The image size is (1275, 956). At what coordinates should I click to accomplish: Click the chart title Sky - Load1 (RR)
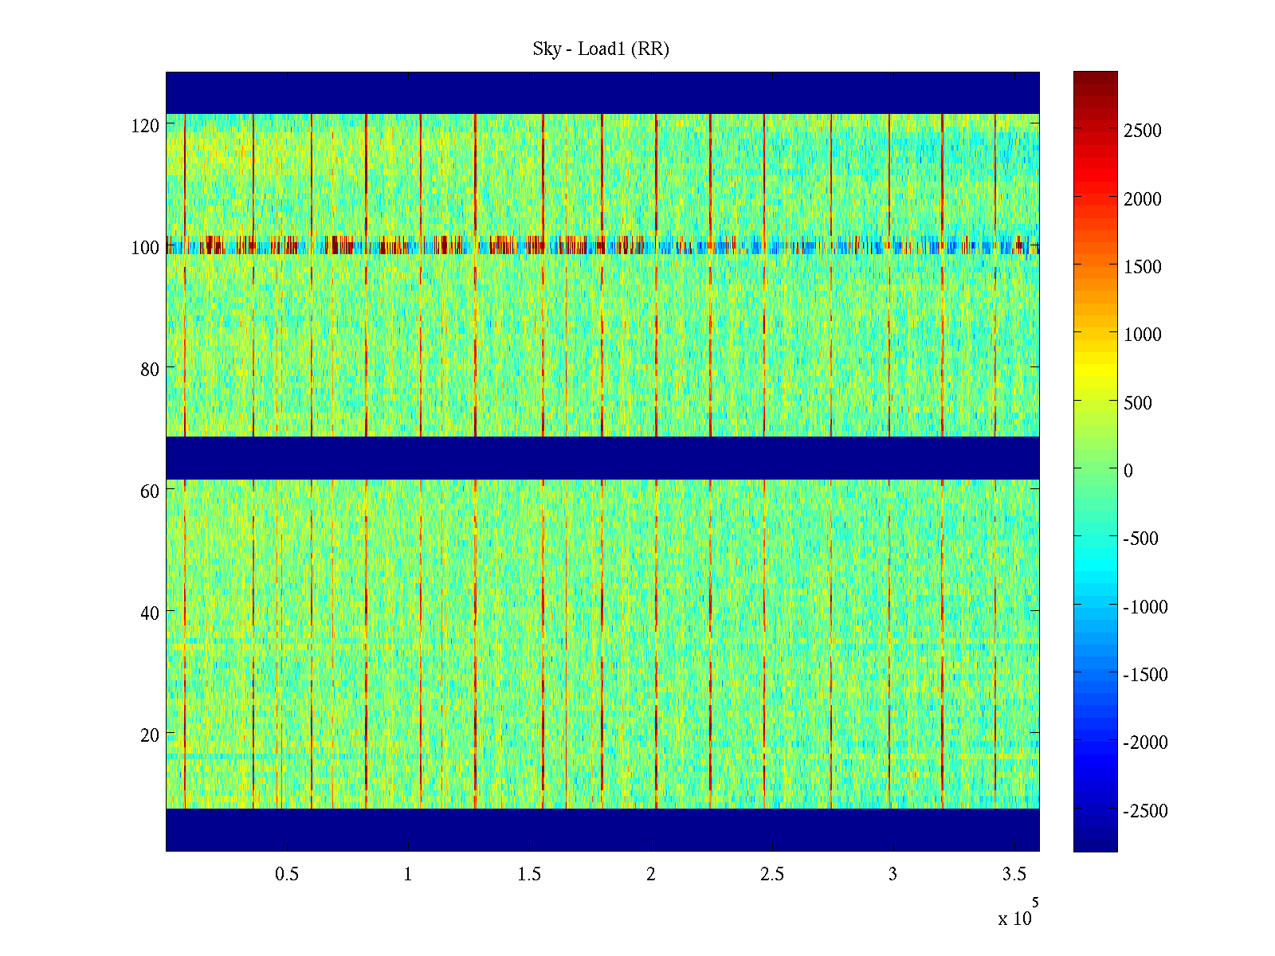[601, 49]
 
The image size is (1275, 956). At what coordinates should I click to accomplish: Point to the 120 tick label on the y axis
[145, 126]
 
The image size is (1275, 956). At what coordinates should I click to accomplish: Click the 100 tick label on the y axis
[145, 248]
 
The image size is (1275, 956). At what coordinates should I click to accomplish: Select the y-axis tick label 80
[150, 370]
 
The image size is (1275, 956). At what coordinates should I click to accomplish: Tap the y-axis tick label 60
[150, 492]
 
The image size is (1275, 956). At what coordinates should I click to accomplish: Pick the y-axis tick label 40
[150, 613]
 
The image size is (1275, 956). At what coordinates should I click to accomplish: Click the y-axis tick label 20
[150, 735]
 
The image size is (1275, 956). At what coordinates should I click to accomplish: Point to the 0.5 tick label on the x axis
[287, 875]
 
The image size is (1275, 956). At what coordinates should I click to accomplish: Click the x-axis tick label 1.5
[529, 875]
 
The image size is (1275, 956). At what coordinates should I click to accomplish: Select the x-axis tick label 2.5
[771, 875]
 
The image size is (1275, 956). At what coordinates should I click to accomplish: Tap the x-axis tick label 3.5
[1014, 875]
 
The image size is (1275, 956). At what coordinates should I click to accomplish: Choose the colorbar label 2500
[1143, 131]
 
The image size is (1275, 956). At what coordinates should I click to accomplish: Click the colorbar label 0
[1128, 471]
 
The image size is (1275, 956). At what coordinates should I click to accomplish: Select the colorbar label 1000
[1143, 335]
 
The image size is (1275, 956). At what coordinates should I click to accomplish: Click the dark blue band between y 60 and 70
[602, 458]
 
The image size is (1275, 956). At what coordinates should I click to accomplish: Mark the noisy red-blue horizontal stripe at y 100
[602, 246]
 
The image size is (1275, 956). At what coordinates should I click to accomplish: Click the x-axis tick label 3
[892, 875]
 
